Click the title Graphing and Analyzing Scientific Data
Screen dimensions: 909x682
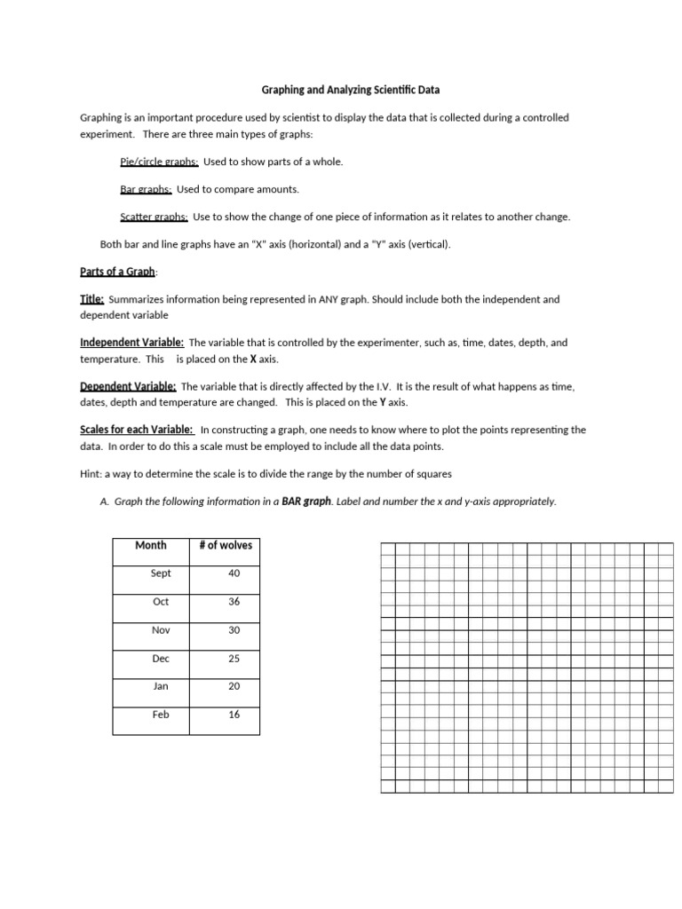click(349, 90)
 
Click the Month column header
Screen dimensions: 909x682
click(151, 545)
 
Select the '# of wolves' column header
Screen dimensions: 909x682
click(226, 545)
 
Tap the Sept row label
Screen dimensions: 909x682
click(161, 573)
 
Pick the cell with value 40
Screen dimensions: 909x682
click(234, 573)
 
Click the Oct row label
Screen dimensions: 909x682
click(161, 602)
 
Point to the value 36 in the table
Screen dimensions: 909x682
click(234, 602)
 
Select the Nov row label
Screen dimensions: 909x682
click(161, 630)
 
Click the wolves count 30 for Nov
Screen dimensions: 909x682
click(234, 630)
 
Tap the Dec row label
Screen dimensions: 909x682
click(161, 659)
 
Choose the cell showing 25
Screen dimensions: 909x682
click(234, 659)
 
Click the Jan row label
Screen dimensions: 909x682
click(161, 686)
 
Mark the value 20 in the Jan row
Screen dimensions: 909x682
click(234, 686)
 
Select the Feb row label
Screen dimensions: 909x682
click(161, 715)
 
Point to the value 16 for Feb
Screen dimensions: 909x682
click(234, 715)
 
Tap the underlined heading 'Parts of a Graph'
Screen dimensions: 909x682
click(117, 271)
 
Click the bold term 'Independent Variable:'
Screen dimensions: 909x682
click(131, 343)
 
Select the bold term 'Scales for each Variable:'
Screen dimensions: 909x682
click(137, 430)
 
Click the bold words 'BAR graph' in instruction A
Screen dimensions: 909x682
click(306, 502)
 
